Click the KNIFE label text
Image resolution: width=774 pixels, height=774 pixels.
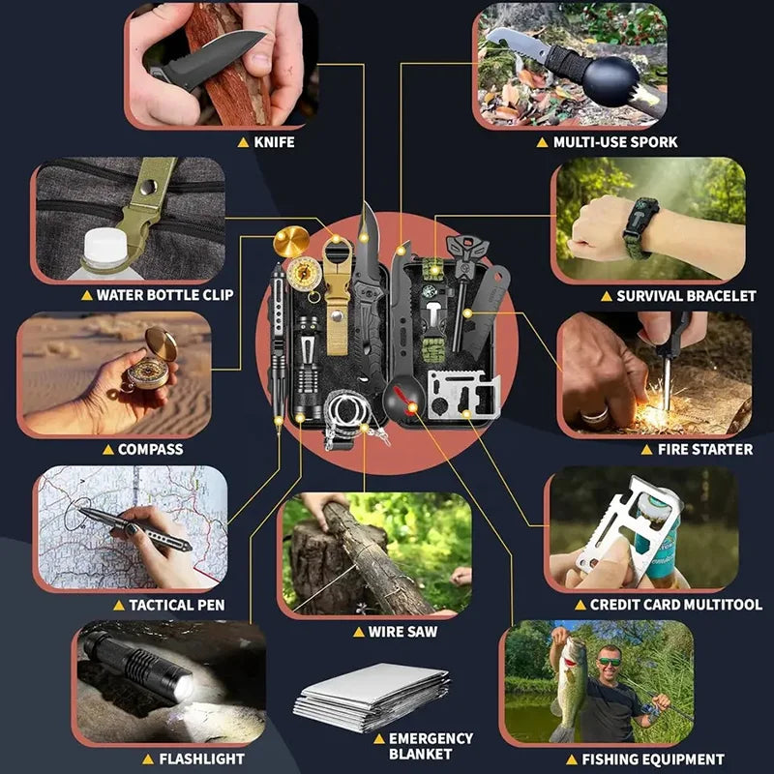(x=273, y=141)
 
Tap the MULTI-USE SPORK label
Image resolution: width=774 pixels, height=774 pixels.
(x=615, y=141)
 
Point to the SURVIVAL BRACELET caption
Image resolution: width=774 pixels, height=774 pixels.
(x=685, y=295)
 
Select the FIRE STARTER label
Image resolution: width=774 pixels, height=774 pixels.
(x=704, y=449)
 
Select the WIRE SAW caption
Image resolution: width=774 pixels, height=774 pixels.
(x=402, y=632)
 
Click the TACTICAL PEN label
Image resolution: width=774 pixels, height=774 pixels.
(x=176, y=605)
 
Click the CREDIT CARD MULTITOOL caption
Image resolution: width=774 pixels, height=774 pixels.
(x=675, y=604)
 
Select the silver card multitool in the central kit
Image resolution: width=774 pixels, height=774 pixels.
(x=462, y=392)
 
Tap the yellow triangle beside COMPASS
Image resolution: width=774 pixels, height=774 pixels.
(x=107, y=449)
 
